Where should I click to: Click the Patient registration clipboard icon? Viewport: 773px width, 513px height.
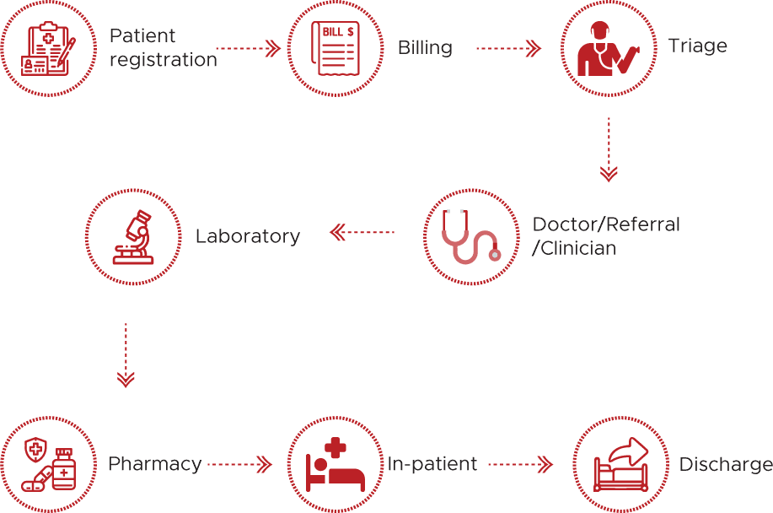pyautogui.click(x=47, y=49)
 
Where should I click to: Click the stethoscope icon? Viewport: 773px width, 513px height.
pyautogui.click(x=470, y=235)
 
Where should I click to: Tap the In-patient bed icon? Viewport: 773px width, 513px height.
pyautogui.click(x=335, y=465)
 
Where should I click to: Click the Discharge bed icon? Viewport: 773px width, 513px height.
pyautogui.click(x=620, y=465)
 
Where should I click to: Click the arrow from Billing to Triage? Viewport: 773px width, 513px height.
pyautogui.click(x=508, y=49)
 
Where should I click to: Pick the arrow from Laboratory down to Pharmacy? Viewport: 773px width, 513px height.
pyautogui.click(x=126, y=354)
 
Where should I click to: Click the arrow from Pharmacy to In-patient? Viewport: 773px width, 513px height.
pyautogui.click(x=240, y=464)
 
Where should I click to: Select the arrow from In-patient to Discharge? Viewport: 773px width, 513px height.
pyautogui.click(x=520, y=464)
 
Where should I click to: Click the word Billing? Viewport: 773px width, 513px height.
pyautogui.click(x=425, y=47)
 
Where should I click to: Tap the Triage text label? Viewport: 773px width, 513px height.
pyautogui.click(x=697, y=45)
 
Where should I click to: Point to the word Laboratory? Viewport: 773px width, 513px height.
pyautogui.click(x=247, y=236)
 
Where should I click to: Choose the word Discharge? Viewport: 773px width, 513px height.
pyautogui.click(x=725, y=465)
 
